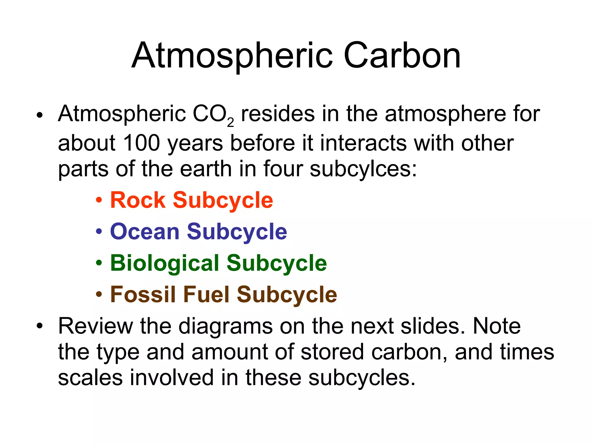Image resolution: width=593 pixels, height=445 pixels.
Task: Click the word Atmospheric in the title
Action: [x=232, y=56]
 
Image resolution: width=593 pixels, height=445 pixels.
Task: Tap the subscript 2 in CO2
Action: [x=230, y=123]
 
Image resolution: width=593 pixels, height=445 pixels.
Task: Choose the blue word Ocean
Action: [x=145, y=231]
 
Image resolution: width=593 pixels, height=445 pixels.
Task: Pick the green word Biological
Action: [x=165, y=263]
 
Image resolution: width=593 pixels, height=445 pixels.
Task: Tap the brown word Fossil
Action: [x=143, y=294]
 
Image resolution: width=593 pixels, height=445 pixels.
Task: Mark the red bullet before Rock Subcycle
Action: [x=99, y=200]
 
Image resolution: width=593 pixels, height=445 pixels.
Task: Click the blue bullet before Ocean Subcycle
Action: [x=99, y=232]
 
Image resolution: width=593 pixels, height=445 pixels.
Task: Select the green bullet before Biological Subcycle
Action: [x=99, y=263]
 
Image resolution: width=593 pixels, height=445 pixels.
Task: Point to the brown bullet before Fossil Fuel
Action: [x=99, y=294]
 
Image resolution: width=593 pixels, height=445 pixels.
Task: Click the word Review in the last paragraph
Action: [x=96, y=326]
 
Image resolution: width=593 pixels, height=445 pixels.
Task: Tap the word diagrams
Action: [x=226, y=327]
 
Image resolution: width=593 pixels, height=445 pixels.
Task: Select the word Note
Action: [x=497, y=326]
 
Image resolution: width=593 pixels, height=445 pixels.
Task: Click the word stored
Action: [x=332, y=352]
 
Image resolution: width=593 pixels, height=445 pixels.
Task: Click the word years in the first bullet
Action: [x=195, y=144]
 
